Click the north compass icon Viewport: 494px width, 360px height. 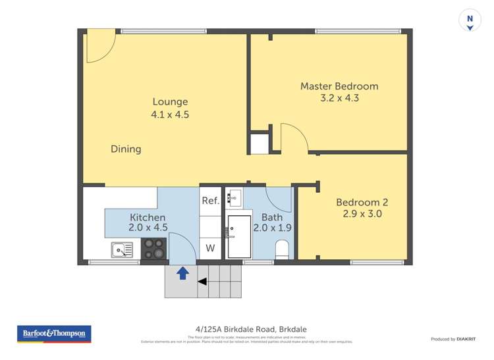click(470, 20)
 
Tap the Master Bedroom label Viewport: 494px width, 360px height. click(339, 86)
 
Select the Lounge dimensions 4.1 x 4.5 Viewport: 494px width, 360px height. click(171, 115)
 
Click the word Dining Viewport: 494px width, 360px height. click(126, 149)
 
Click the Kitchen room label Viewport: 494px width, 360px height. click(148, 217)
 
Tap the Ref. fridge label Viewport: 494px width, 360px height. click(210, 201)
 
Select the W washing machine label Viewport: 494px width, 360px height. click(210, 248)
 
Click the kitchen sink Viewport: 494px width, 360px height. click(122, 249)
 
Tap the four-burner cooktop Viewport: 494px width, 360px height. click(154, 249)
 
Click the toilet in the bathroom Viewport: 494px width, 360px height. click(282, 249)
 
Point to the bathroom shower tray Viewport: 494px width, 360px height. click(239, 236)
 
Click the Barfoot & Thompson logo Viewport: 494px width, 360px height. click(54, 334)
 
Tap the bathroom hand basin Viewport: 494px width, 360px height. click(235, 196)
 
